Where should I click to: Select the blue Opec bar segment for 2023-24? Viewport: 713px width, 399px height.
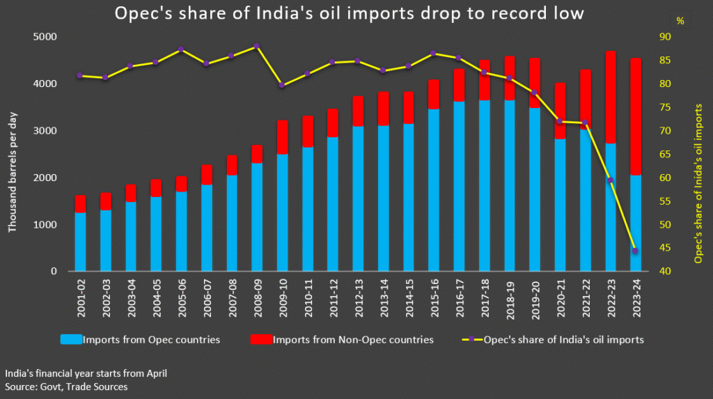[x=635, y=223]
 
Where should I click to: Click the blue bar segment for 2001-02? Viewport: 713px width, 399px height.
[x=81, y=242]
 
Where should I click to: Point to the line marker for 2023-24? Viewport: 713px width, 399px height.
[x=635, y=251]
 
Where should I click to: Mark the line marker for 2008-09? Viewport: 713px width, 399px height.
[x=257, y=46]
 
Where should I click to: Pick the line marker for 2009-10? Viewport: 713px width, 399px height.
[x=282, y=85]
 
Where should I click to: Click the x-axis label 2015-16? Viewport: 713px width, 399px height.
[x=434, y=298]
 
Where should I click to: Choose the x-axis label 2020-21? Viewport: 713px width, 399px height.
[x=560, y=298]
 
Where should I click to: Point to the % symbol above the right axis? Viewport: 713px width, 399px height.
[x=680, y=21]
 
